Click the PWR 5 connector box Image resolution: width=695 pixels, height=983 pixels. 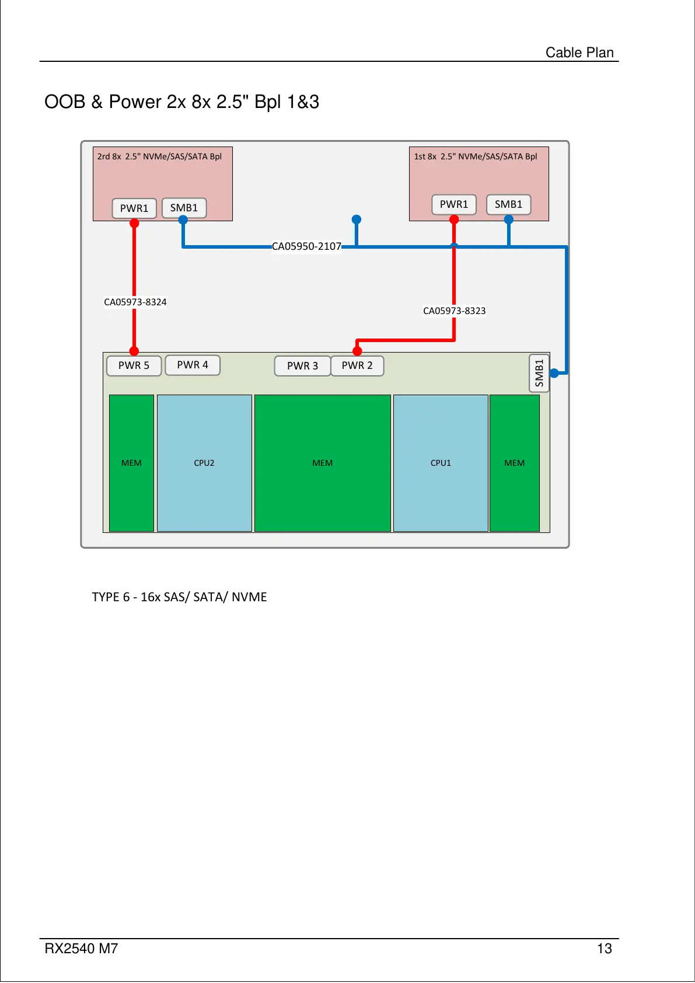134,365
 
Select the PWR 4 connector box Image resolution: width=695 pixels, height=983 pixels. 193,365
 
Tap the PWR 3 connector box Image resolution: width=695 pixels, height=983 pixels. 302,366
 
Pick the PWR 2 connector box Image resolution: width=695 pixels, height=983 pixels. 357,365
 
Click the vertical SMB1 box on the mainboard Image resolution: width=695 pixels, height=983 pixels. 539,373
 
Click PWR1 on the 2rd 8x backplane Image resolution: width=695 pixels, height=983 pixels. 134,208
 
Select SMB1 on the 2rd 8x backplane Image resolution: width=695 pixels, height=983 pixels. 184,208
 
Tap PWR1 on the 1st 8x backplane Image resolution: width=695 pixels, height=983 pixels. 454,204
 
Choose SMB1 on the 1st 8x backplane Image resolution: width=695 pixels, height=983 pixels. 508,204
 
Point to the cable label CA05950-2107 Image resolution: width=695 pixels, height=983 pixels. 306,246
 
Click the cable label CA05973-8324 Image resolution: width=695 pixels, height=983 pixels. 135,302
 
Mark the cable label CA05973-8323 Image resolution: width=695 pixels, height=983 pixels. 454,311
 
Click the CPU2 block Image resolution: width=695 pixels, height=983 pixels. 204,463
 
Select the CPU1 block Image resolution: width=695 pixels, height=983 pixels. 441,463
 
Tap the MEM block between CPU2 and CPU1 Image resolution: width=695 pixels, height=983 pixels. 322,463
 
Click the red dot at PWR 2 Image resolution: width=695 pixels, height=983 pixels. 358,351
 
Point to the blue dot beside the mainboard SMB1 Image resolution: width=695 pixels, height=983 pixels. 554,373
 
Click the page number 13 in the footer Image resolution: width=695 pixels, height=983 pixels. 604,949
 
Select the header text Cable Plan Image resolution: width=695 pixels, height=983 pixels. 579,53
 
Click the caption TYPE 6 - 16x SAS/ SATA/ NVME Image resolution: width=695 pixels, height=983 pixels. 179,597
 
